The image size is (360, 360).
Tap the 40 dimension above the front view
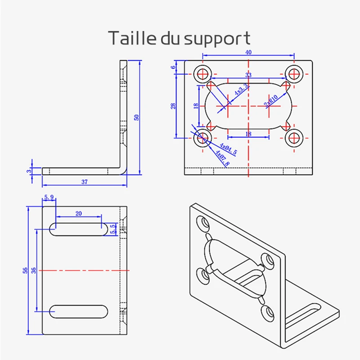point(248,52)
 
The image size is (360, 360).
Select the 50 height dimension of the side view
point(137,117)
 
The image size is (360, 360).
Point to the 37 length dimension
point(84,182)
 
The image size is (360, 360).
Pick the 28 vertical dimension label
point(173,106)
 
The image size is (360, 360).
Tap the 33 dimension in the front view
point(248,75)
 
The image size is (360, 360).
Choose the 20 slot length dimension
point(79,214)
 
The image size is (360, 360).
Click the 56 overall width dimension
point(26,270)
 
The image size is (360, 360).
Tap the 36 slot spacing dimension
point(33,270)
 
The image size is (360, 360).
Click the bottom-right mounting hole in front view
point(295,139)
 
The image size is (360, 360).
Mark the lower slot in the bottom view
point(79,310)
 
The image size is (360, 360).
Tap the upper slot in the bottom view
point(79,229)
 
